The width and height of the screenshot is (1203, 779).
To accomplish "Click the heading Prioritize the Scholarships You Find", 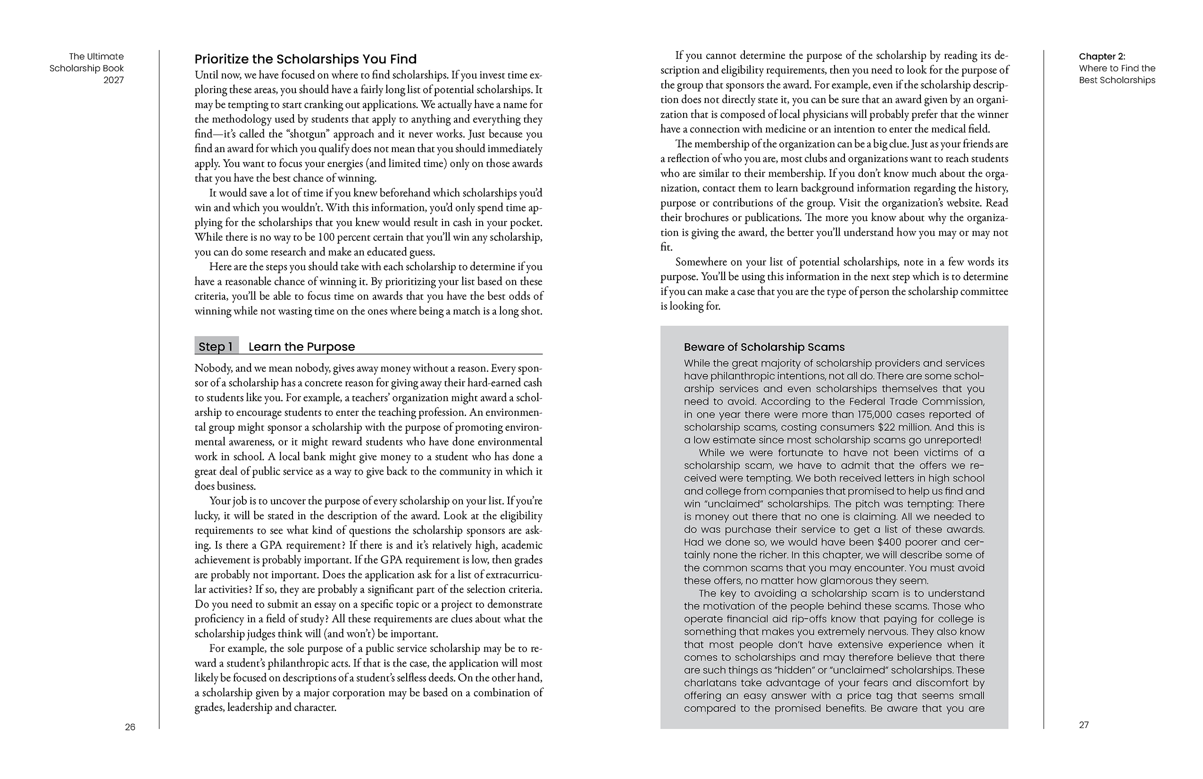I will [305, 59].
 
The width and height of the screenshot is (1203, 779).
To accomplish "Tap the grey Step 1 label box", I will [216, 347].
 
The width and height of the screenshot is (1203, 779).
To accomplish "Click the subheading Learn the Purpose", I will [301, 347].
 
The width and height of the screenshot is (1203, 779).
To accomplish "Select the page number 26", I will [130, 727].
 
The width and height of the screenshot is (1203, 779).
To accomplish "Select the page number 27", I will [1084, 725].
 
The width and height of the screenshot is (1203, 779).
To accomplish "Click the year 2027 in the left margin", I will [113, 80].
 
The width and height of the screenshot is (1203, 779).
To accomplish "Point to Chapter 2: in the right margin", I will [1102, 56].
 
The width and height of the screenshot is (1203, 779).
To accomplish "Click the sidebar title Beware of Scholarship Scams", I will [764, 347].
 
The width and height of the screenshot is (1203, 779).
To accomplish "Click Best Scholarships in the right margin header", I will [1117, 80].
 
